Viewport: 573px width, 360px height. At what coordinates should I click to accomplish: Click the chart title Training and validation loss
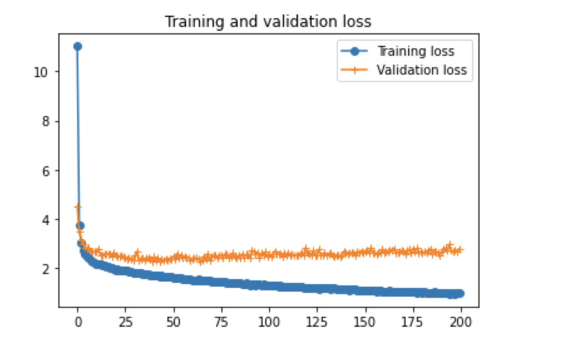268,22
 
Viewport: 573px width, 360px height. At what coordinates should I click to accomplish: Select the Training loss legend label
416,51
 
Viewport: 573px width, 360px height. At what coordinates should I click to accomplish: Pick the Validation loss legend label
422,70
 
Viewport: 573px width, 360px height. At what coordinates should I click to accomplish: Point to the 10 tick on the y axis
41,72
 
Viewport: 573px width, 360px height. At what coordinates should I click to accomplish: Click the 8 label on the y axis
45,121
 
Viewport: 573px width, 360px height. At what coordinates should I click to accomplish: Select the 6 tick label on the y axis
45,171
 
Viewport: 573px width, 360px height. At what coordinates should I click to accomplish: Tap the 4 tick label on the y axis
45,220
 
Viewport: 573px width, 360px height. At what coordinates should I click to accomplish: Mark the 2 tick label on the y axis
45,269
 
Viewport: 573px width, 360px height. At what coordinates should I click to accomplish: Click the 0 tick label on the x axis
78,324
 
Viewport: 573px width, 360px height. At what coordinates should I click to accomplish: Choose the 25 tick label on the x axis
125,324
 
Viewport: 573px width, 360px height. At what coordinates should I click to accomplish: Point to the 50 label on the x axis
173,324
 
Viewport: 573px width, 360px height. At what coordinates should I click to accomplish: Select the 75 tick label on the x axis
221,324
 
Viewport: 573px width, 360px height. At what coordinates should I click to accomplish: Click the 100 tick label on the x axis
269,324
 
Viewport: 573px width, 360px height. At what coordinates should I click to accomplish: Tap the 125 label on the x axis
317,324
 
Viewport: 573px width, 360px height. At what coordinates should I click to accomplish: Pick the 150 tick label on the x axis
365,324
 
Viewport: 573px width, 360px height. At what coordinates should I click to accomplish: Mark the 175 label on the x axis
413,324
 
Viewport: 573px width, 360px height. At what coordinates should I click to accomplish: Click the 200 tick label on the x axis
461,324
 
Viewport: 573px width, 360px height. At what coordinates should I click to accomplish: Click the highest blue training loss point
78,46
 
